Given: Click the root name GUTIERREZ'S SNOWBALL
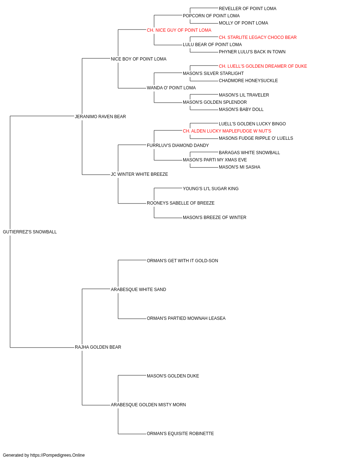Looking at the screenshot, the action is [30, 232].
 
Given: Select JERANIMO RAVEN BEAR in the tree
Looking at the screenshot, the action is [100, 117].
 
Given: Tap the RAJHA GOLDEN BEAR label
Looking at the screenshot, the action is [98, 347].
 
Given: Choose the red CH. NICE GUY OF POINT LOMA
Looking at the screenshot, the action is [179, 30].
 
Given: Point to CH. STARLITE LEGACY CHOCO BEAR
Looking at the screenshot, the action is [258, 37].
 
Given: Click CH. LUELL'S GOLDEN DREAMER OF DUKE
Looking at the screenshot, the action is [263, 66].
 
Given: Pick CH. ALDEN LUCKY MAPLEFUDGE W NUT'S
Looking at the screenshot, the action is [227, 131].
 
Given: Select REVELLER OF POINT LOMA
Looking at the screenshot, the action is [247, 9].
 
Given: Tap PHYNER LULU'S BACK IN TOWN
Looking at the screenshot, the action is [252, 52].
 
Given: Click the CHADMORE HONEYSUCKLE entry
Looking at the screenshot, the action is [248, 81].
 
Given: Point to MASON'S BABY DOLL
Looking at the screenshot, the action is [241, 109].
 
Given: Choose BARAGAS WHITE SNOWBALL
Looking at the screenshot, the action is [249, 153].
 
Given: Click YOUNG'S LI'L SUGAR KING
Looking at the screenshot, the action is [211, 189].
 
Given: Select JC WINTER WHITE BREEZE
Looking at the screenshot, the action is [139, 174].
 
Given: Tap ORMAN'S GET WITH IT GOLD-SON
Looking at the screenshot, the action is [182, 261].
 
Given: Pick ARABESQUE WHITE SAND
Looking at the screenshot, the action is [139, 290].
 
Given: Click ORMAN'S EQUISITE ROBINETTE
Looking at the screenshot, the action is [180, 434].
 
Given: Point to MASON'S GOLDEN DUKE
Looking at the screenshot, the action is [173, 376].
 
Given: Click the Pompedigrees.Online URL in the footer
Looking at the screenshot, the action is [58, 455].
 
